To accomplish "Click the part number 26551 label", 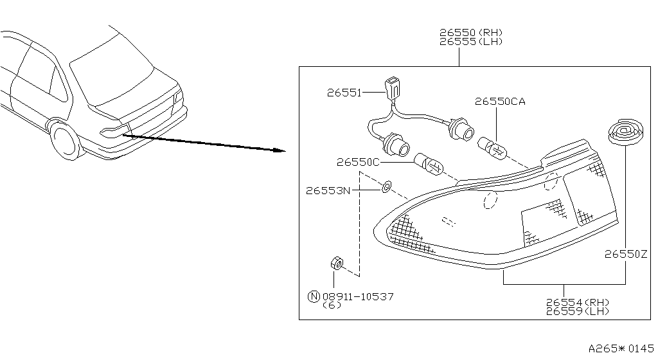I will [343, 93].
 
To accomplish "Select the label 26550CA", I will [500, 102].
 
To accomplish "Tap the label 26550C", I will [357, 163].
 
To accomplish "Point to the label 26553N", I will [327, 190].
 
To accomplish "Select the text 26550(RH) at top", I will [470, 32].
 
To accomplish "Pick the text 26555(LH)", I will [470, 41].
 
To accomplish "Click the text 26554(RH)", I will [577, 302].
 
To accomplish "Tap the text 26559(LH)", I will [577, 311].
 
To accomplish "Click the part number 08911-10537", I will [358, 296].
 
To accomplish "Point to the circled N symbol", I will [314, 296].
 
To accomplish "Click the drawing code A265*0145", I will [621, 348].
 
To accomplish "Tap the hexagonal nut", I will [335, 263].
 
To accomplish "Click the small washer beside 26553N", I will [385, 187].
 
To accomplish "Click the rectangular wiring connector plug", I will [391, 87].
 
